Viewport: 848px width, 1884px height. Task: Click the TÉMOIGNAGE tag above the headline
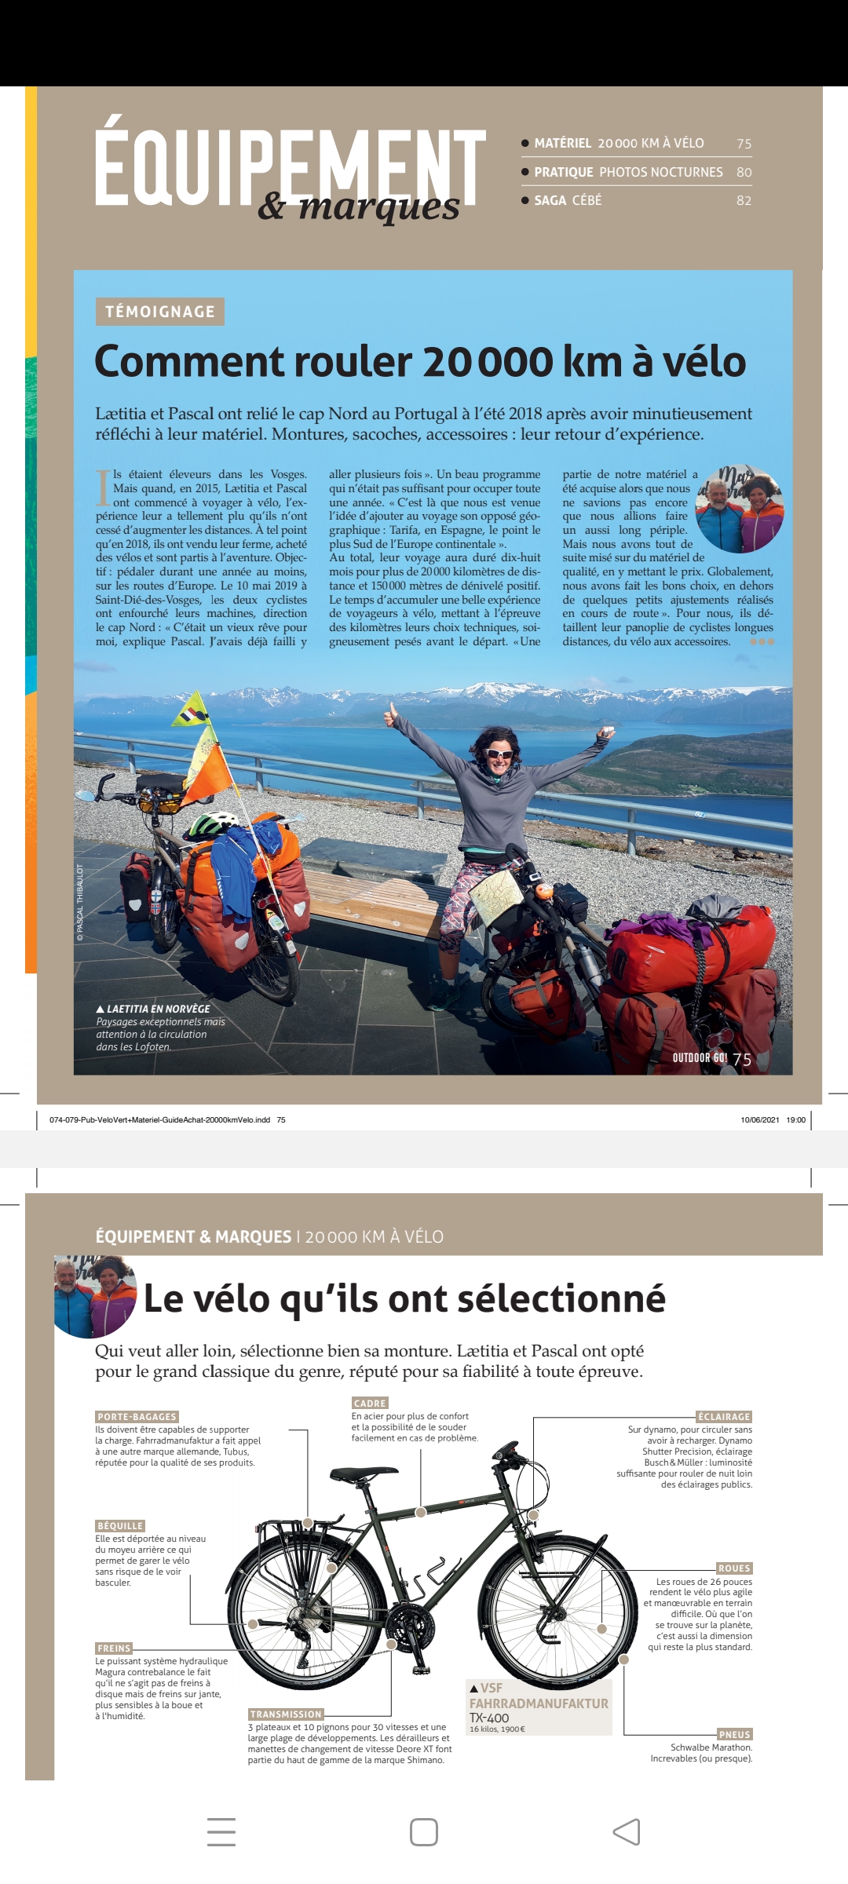pos(159,312)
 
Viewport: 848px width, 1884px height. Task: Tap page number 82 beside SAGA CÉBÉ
pos(744,200)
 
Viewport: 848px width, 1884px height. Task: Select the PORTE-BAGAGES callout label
pos(137,1416)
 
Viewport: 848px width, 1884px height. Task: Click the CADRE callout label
pos(370,1403)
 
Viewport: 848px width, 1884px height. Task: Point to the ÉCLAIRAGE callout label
pos(724,1416)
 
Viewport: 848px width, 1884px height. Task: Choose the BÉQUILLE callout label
pos(120,1525)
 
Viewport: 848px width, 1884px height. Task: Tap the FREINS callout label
pos(113,1648)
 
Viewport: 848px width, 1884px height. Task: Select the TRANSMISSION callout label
pos(286,1714)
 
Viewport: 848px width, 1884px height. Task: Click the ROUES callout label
pos(734,1568)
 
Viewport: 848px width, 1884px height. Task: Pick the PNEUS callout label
pos(735,1734)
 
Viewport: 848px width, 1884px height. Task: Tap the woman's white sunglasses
pos(498,754)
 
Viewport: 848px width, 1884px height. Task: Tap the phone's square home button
pos(424,1832)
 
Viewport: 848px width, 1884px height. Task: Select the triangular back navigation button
pos(627,1832)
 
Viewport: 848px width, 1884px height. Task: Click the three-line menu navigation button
pos(221,1832)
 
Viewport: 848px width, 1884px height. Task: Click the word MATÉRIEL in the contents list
pos(562,143)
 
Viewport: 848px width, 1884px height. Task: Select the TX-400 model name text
pos(489,1718)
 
